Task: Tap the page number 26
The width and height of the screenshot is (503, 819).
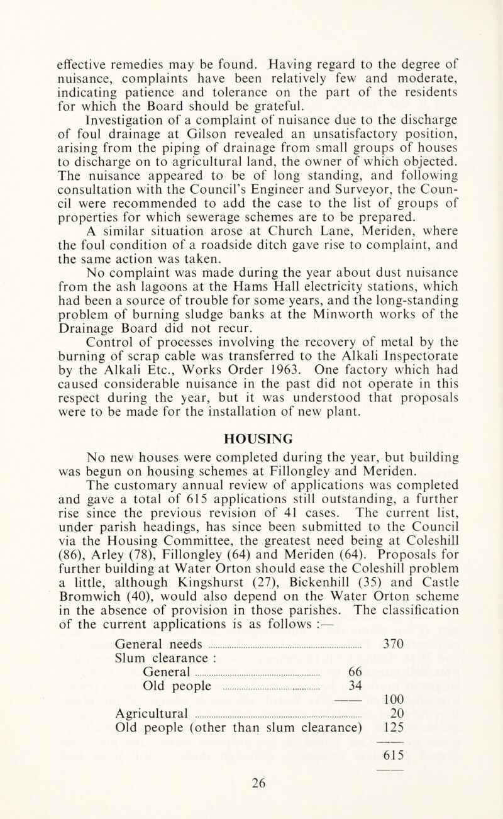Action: pos(250,798)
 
